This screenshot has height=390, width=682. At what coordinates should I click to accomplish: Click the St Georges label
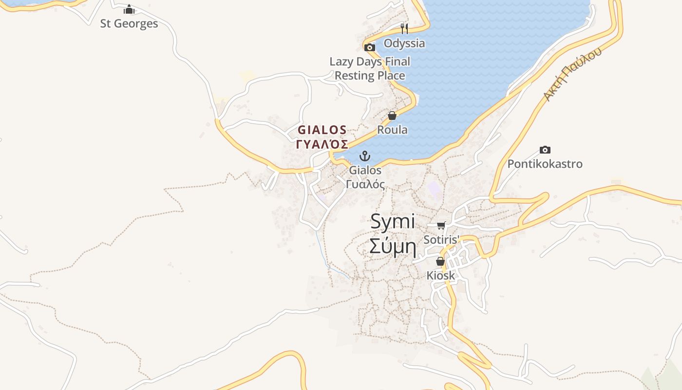click(129, 23)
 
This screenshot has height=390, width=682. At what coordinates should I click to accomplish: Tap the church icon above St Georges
click(129, 10)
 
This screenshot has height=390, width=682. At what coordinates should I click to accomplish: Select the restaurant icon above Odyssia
click(404, 28)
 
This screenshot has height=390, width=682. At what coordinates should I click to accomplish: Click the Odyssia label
click(404, 43)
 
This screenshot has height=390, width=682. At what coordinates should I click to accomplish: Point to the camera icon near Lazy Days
click(370, 47)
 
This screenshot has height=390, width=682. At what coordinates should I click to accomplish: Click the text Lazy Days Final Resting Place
click(370, 68)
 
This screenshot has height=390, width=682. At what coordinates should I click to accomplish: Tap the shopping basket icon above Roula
click(392, 116)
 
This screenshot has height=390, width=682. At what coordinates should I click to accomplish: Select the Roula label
click(392, 130)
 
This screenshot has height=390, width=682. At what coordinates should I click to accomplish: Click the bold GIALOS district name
click(322, 130)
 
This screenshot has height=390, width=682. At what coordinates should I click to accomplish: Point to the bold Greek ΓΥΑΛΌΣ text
click(322, 144)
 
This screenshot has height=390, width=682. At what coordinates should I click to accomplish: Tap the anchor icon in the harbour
click(365, 156)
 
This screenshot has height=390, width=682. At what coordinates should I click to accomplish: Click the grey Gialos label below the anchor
click(365, 170)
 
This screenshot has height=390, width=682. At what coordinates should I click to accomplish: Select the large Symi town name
click(393, 222)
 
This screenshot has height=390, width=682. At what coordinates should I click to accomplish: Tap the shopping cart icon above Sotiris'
click(441, 225)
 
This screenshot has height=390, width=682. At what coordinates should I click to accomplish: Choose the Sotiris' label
click(441, 240)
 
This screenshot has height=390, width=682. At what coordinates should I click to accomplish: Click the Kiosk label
click(440, 275)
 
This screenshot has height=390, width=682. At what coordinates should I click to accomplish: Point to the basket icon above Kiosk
click(440, 261)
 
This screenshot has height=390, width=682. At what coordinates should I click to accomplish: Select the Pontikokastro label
click(545, 164)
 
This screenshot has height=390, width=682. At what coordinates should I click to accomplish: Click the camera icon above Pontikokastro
click(545, 150)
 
